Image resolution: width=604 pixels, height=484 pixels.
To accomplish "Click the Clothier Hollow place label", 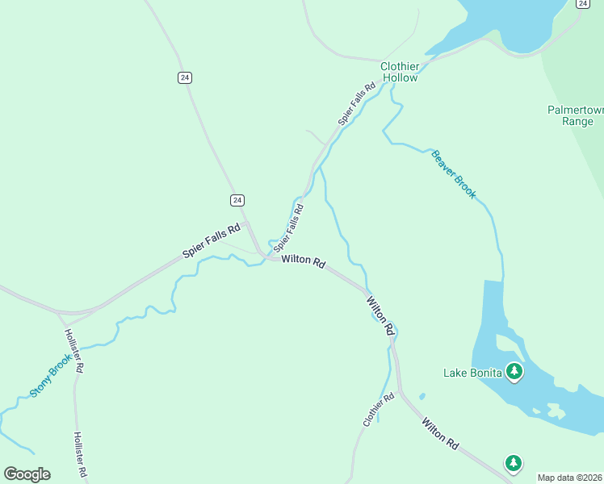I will coord(400,72).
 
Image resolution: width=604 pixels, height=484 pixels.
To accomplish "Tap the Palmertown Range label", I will coord(570,115).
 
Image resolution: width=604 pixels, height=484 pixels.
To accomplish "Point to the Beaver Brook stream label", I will coord(454,174).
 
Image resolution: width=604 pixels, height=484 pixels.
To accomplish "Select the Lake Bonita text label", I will coord(472,373).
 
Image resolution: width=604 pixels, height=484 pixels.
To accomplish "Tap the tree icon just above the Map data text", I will coord(513,463).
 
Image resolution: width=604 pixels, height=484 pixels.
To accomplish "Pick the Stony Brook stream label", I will coord(51,376).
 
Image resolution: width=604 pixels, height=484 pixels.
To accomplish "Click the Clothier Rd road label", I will coord(379,410).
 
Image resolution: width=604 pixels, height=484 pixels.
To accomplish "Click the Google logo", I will coord(27,474).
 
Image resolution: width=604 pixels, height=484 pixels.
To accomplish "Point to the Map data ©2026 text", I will coord(570,478).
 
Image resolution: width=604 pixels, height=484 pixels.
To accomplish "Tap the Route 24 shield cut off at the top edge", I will coord(582,3).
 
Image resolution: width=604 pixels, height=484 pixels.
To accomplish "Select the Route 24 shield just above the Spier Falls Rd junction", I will coord(237,199).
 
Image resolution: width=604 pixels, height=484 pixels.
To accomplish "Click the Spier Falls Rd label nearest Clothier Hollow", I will coord(358,103).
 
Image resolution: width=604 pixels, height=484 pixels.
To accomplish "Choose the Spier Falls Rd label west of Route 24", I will coord(212,240).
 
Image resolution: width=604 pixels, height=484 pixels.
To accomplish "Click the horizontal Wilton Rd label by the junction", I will coord(304,262).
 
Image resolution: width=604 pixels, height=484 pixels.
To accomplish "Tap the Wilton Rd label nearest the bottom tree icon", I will coord(440,433).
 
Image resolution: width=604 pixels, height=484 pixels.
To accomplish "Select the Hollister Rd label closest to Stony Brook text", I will coord(73,352).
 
